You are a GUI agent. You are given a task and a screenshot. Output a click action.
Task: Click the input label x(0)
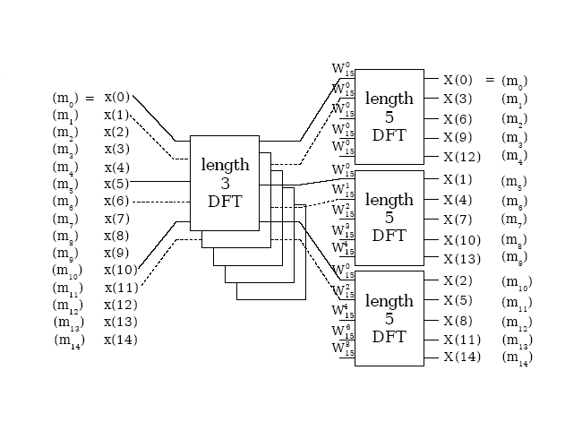[117, 98]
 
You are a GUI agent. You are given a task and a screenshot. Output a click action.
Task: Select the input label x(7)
[117, 219]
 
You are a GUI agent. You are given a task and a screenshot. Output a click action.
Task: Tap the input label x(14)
[121, 340]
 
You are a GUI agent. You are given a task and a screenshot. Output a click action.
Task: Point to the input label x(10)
[121, 271]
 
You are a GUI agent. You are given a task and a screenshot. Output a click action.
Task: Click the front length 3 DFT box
[224, 182]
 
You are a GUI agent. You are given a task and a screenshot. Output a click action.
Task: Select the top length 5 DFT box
[389, 116]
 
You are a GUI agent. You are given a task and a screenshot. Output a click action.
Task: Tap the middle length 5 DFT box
[389, 218]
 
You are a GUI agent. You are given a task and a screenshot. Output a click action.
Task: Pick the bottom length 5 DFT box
[389, 318]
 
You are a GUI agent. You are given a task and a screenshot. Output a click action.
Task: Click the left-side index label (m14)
[69, 341]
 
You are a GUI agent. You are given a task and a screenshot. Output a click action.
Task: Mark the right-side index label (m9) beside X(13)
[515, 260]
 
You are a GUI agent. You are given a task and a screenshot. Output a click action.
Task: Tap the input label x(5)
[117, 184]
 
